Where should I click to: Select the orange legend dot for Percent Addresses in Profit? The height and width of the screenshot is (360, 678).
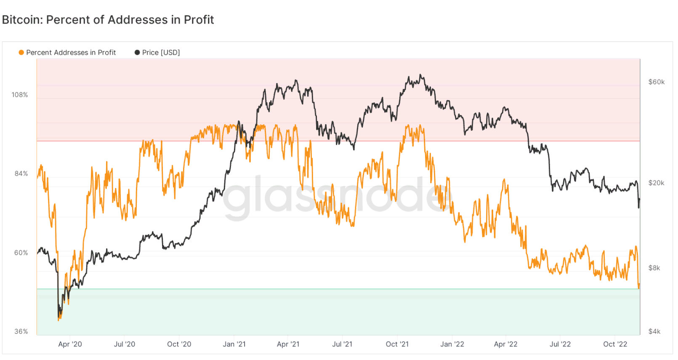coord(21,53)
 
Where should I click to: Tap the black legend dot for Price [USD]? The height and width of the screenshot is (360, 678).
coord(137,53)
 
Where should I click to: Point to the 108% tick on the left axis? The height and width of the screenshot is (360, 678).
coord(20,95)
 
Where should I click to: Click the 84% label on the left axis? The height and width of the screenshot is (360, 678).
coord(21,173)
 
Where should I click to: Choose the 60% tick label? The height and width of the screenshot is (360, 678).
coord(21,253)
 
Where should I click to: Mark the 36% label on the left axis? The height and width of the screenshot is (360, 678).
coord(21,331)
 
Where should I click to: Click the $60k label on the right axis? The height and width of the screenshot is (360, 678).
coord(657,82)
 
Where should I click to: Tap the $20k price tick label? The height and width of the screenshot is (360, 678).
coord(657,183)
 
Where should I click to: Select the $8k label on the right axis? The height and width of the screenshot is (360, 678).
coord(654,268)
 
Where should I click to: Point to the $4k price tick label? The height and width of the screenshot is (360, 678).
coord(654,331)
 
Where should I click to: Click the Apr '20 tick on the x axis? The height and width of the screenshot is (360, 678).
coord(70,344)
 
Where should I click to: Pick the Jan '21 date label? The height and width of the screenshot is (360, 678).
coord(234,344)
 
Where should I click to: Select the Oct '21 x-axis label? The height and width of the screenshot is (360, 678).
coord(397,344)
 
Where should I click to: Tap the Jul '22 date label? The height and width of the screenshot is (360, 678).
coord(560,344)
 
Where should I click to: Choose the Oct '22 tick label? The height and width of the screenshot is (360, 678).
coord(615,344)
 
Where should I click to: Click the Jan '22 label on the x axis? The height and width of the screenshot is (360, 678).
coord(452,344)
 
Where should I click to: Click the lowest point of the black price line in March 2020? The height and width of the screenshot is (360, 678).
coord(58,317)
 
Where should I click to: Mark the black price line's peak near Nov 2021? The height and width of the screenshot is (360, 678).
coord(421,75)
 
